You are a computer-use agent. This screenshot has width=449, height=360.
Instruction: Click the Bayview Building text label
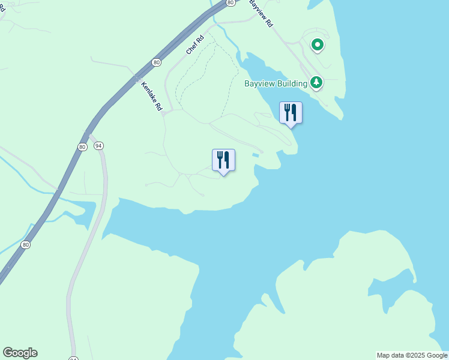[x=276, y=83]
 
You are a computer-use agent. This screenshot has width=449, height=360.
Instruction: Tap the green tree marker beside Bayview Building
[x=316, y=82]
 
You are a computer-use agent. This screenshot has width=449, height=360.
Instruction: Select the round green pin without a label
[x=318, y=44]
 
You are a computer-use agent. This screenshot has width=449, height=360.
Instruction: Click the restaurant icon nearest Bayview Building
[x=291, y=112]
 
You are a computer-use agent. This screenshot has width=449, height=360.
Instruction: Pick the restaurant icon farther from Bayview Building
[x=223, y=160]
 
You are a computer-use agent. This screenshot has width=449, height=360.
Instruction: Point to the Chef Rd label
[x=195, y=45]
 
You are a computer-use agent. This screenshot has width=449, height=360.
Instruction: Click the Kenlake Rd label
[x=151, y=95]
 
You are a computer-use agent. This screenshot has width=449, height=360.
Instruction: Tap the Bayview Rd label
[x=261, y=13]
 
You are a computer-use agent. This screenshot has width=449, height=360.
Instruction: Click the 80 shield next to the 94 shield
[x=83, y=146]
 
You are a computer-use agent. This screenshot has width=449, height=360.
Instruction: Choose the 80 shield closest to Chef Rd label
[x=156, y=62]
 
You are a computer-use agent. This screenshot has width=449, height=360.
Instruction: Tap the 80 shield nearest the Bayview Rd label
[x=231, y=3]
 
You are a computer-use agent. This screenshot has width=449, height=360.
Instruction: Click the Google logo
[x=20, y=353]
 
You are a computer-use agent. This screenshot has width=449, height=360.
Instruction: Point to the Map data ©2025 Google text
[x=412, y=355]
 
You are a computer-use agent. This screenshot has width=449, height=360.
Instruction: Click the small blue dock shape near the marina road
[x=256, y=155]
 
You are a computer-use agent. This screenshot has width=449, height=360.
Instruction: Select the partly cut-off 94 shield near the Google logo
[x=73, y=358]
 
